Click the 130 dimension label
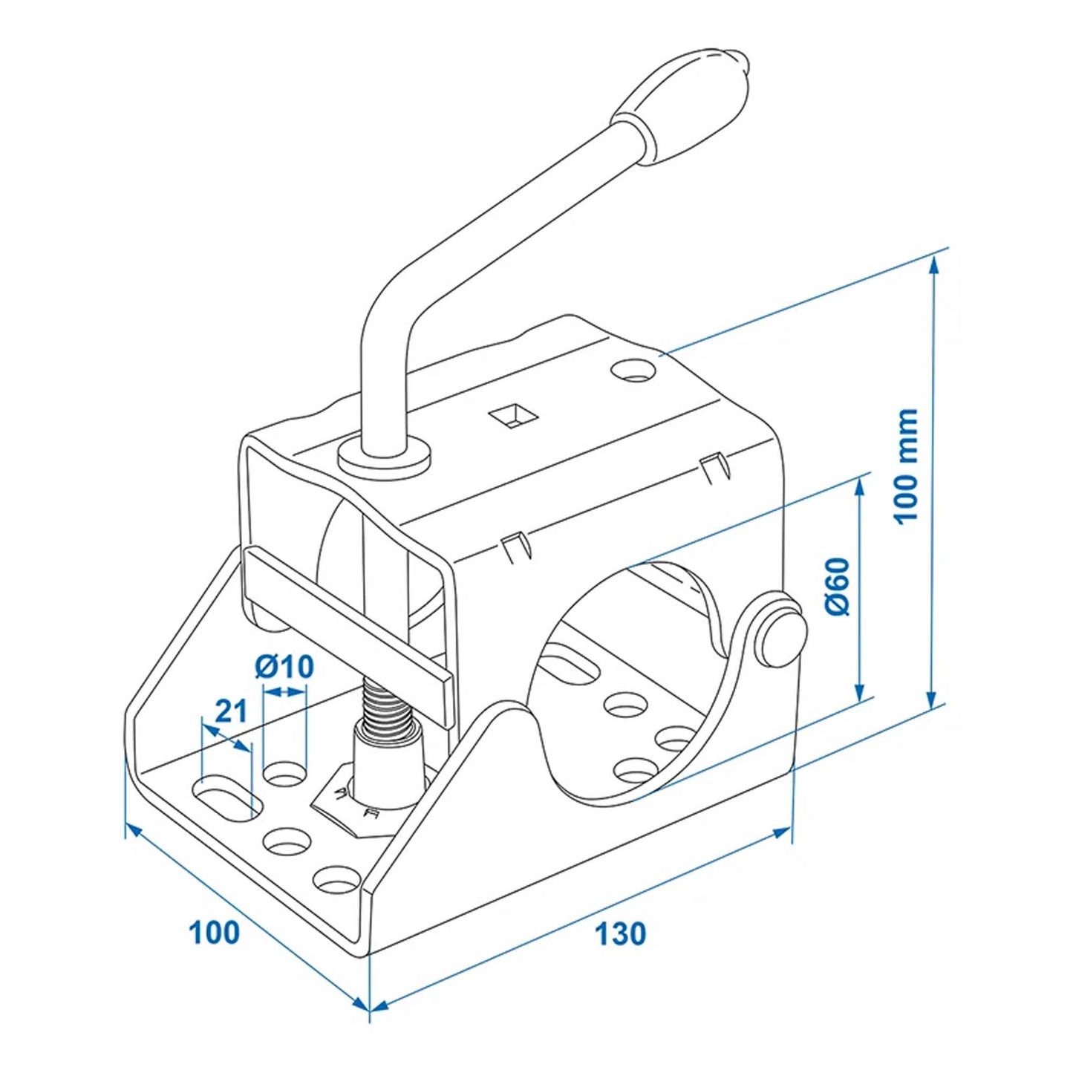(x=620, y=933)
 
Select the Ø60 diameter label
(x=836, y=586)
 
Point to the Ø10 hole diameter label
(x=284, y=667)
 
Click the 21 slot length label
(x=230, y=711)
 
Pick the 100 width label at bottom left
(x=215, y=933)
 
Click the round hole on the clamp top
(x=636, y=369)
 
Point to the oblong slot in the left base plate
(x=226, y=798)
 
